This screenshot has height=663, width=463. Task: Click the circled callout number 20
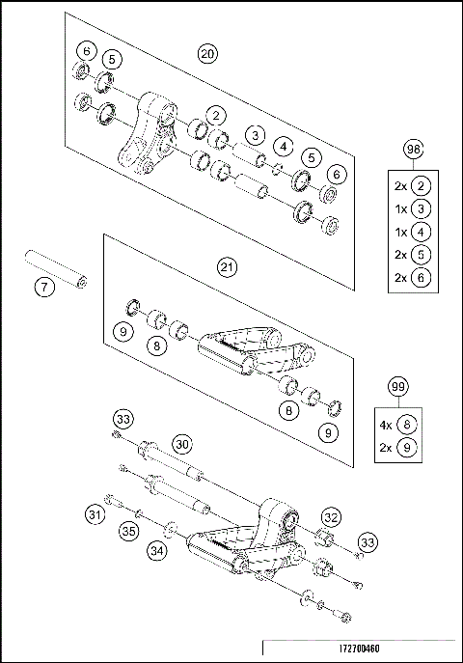pos(205,54)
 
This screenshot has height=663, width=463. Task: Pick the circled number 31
pos(95,514)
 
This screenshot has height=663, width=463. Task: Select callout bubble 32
pos(330,516)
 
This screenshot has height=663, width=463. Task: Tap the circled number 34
pos(156,550)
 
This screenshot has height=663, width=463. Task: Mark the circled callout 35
pos(127,530)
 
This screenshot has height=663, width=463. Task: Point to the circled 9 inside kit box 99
pos(411,447)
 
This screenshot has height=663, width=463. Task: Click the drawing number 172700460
pos(360,649)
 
